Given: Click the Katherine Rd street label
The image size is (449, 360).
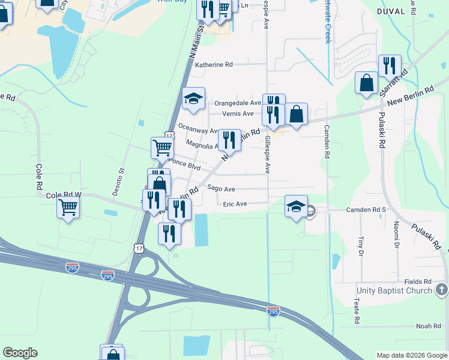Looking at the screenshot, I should tap(213, 64).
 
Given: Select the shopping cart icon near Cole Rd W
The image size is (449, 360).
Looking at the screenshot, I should tap(68, 208).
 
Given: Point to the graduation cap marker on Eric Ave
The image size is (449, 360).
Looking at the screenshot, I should tap(296, 206).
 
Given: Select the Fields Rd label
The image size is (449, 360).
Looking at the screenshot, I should tap(418, 281).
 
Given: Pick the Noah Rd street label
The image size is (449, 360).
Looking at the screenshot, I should tap(428, 326).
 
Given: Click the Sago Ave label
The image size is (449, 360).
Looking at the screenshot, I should tap(221, 188).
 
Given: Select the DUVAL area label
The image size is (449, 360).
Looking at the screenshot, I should tap(393, 11).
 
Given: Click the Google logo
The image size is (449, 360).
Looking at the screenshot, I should tap(20, 353).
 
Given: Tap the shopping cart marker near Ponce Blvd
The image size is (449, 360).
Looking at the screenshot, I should tap(161, 147).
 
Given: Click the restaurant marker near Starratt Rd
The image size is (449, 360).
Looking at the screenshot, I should tap(390, 65).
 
